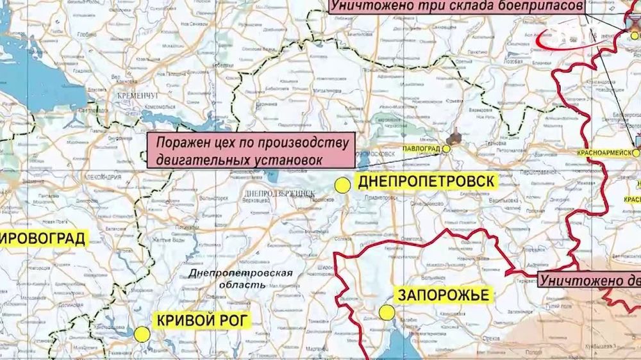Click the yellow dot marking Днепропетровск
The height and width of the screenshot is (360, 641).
[344, 185]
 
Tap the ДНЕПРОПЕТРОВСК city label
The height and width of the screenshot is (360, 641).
[426, 181]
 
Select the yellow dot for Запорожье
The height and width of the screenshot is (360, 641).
[387, 313]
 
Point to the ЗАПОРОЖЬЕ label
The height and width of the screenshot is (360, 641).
[444, 295]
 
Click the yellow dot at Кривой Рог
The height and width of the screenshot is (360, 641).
[142, 334]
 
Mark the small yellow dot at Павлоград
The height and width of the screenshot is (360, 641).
[447, 149]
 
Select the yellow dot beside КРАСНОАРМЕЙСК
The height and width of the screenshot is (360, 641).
[636, 153]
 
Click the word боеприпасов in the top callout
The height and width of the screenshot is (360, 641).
[545, 6]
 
